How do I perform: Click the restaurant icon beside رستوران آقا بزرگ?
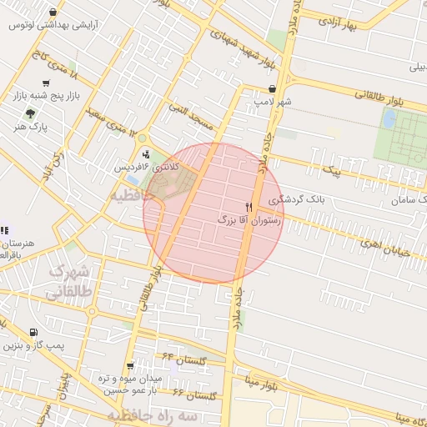pos(248,207)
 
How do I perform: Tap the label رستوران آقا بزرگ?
pos(249,221)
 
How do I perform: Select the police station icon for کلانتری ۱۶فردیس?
pos(148,153)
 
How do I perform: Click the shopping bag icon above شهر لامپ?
pos(273,88)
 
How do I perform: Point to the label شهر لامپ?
pos(274,102)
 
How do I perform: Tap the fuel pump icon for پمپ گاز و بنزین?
pos(33,331)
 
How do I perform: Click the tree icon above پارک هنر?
pos(32,113)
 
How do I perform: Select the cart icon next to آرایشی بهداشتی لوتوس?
pos(53,13)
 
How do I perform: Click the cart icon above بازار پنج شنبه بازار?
pos(45,83)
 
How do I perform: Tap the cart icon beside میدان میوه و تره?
pos(130,365)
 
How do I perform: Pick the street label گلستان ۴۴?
pos(183,356)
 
